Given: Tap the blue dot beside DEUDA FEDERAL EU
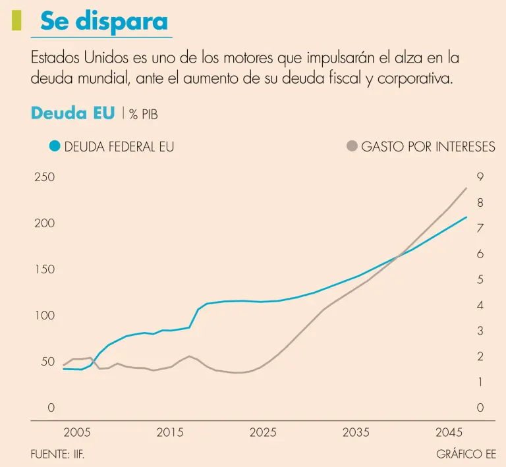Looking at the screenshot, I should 55,146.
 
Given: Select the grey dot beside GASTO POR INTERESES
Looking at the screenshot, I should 352,146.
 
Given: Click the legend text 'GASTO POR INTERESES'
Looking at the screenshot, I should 428,147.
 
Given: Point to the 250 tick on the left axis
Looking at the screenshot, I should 44,177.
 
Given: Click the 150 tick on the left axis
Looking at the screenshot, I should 44,269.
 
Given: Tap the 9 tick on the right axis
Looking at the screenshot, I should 480,177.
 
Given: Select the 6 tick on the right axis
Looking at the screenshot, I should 480,254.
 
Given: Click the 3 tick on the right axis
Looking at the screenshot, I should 480,331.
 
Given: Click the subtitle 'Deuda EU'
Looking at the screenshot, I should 72,113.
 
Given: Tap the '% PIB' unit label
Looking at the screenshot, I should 144,115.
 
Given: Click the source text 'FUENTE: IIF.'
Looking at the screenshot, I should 58,454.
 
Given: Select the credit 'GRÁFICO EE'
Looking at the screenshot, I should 466,454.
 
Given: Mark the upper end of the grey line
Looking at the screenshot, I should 466,188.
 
